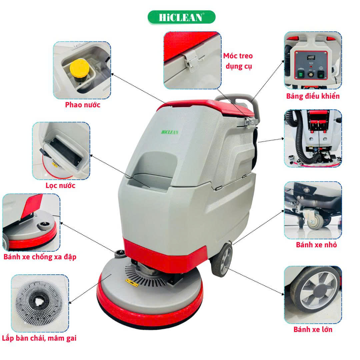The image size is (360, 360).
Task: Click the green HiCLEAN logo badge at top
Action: pos(181,17)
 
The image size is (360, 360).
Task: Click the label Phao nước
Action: pos(83,105)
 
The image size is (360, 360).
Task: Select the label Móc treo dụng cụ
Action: pos(238,61)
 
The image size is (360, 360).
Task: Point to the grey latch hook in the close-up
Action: pos(191,60)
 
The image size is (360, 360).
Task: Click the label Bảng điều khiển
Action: pos(313,96)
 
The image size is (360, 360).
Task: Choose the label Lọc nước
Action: pos(60,186)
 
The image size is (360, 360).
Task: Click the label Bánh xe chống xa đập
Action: pos(40,257)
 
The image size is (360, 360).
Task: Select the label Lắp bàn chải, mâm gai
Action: pos(39,338)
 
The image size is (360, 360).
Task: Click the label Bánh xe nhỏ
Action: pos(316,245)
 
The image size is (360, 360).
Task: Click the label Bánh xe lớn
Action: pos(313,329)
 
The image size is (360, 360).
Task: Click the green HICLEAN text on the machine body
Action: pos(170,132)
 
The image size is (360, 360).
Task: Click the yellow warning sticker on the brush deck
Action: pos(132,283)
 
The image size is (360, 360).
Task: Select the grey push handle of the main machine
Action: pos(241,101)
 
